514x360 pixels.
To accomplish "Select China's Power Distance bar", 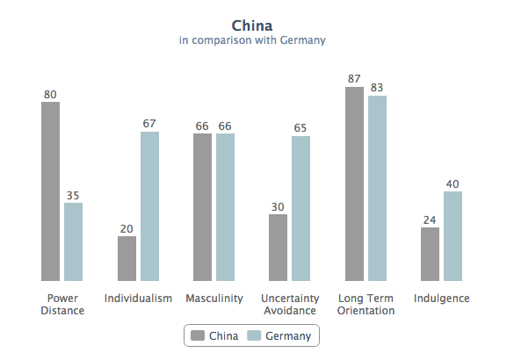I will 50,191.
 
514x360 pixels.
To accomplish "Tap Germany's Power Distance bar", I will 73,241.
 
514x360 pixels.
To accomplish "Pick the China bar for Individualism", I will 127,258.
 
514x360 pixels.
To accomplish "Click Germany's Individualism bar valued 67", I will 149,206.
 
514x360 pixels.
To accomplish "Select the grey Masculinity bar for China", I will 202,207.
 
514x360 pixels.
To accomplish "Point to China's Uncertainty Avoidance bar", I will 278,247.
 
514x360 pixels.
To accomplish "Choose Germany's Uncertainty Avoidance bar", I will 300,208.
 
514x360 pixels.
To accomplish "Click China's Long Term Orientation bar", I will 354,183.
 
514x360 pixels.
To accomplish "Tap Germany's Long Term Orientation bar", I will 377,188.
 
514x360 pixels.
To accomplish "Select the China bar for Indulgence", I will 430,254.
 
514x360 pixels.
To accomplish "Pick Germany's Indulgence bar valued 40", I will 452,236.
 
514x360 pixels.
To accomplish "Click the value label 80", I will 50,94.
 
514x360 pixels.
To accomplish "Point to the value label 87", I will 354,79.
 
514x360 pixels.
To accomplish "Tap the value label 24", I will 430,220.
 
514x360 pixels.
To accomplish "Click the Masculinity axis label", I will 214,299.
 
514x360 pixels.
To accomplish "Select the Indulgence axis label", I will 441,299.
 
